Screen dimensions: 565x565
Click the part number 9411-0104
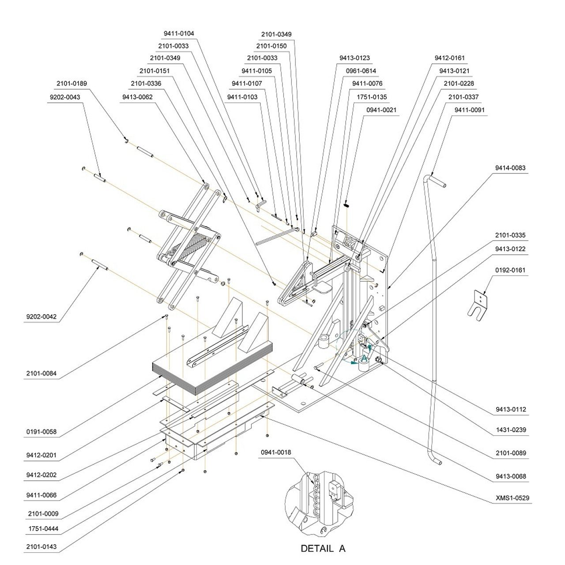click(179, 34)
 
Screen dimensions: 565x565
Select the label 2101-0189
click(72, 83)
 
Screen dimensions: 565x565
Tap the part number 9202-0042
click(41, 316)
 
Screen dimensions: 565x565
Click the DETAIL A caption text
click(323, 549)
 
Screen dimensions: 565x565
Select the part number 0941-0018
click(276, 452)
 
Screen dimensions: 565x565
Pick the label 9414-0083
click(510, 168)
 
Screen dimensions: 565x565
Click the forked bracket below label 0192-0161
click(478, 305)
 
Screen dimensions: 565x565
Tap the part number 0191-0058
click(41, 432)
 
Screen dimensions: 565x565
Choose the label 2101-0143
click(41, 547)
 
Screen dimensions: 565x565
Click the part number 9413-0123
click(354, 58)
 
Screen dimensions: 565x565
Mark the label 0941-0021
click(381, 109)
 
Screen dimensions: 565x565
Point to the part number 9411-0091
click(469, 109)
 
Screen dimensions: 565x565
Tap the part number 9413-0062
click(137, 97)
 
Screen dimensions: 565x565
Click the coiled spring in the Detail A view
click(316, 494)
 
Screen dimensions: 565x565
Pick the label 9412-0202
click(41, 475)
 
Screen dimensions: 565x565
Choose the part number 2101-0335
click(510, 235)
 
